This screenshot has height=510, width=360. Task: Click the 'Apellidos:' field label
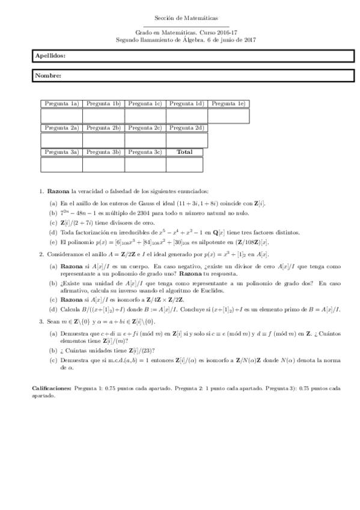[x=50, y=55]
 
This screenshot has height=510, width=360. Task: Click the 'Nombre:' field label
[x=48, y=76]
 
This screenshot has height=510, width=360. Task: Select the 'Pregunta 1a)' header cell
[x=61, y=103]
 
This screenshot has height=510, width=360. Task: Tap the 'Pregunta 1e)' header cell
[x=228, y=103]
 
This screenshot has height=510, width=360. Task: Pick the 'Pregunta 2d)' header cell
[x=187, y=127]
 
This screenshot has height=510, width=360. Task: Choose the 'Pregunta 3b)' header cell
[x=103, y=152]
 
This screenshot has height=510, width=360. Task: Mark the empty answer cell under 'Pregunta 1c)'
[x=145, y=115]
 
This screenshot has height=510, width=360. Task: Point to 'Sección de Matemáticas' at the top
[x=180, y=20]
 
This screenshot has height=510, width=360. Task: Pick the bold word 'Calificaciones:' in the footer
[x=52, y=390]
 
